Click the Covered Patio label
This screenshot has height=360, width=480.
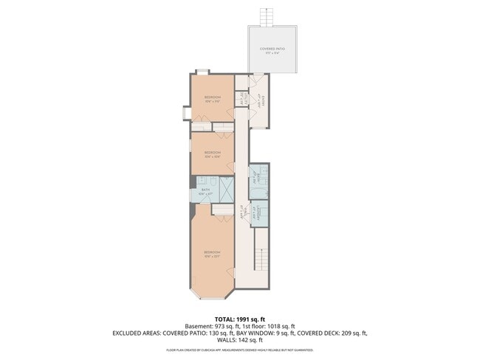[x=272, y=50]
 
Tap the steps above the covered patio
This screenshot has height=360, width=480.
[x=266, y=16]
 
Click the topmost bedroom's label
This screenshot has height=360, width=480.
[x=213, y=98]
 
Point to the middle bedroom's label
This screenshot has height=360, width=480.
[x=213, y=153]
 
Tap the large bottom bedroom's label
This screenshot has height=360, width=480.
[x=213, y=254]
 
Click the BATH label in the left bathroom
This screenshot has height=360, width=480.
[x=206, y=190]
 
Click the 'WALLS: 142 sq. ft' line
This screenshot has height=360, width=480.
[x=240, y=341]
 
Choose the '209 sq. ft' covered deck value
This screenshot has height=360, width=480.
[x=353, y=333]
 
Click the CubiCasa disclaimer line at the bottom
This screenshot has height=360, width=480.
[x=240, y=350]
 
